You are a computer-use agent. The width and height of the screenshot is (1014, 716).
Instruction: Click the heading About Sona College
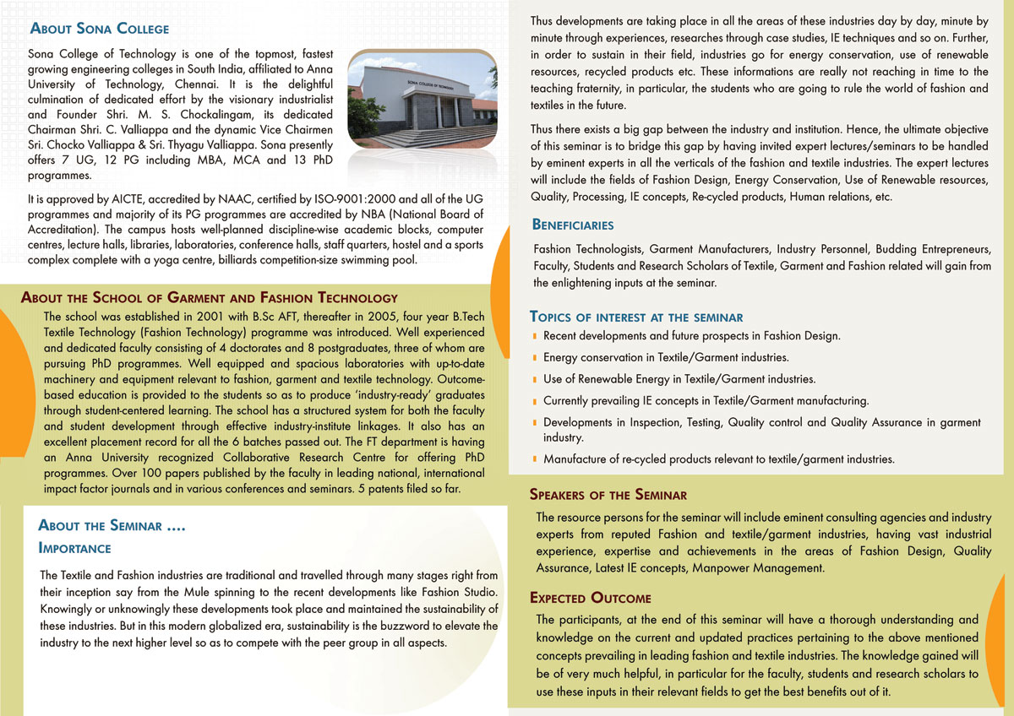pos(100,29)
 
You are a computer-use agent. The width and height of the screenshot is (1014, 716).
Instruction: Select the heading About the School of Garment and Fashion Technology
pos(209,297)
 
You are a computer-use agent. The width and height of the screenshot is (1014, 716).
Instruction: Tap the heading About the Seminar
pos(112,526)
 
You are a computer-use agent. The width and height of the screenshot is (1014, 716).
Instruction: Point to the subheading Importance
pos(75,548)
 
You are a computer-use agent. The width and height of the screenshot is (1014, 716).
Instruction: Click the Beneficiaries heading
pos(573,225)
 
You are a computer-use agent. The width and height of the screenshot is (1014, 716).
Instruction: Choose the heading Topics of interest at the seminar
pos(636,317)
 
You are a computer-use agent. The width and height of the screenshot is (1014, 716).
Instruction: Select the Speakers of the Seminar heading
pos(608,494)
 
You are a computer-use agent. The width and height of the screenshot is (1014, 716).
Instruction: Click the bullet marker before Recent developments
pos(535,336)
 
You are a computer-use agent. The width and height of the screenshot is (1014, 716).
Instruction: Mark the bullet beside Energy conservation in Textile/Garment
pos(535,358)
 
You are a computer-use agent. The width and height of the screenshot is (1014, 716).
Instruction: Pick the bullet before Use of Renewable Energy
pos(535,380)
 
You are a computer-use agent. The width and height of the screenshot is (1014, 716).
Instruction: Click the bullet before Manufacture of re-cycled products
pos(535,460)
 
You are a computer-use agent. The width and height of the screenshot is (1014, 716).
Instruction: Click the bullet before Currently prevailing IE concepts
pos(535,401)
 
